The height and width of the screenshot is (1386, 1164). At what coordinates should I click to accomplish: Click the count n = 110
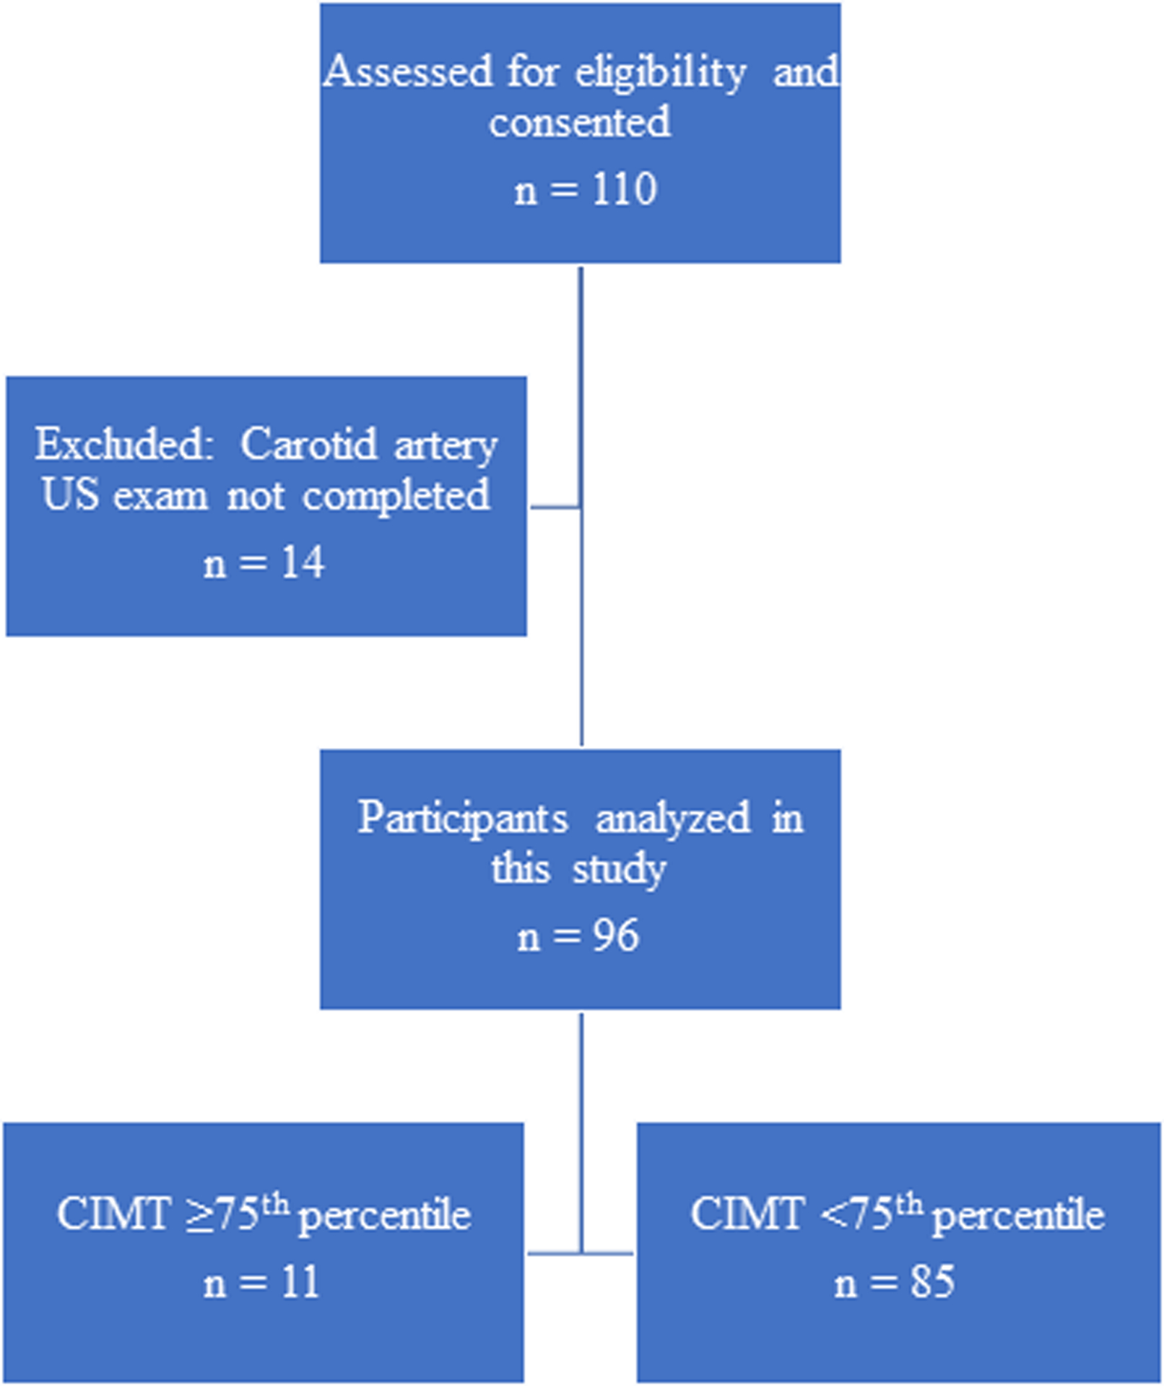(586, 190)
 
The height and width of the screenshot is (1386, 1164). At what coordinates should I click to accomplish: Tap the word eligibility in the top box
(661, 73)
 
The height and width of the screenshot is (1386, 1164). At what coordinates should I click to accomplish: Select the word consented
(580, 122)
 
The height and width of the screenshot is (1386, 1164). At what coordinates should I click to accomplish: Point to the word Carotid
(308, 443)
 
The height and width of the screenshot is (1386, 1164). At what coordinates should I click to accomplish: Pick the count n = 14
(264, 563)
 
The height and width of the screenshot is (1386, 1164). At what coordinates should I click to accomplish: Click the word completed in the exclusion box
(396, 496)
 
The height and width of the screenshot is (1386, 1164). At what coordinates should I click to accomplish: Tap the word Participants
(462, 818)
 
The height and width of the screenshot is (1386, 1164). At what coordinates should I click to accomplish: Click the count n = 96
(578, 936)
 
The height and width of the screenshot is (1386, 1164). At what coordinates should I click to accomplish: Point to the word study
(619, 869)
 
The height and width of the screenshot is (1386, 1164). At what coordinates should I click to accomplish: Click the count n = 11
(261, 1283)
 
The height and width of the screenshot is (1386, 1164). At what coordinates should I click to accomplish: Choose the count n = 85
(895, 1283)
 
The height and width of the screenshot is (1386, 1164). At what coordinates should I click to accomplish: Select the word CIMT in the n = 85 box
(747, 1213)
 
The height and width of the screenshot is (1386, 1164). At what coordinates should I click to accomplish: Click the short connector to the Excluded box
(555, 507)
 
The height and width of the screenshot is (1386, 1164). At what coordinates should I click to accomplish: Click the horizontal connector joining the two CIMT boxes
(581, 1252)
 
